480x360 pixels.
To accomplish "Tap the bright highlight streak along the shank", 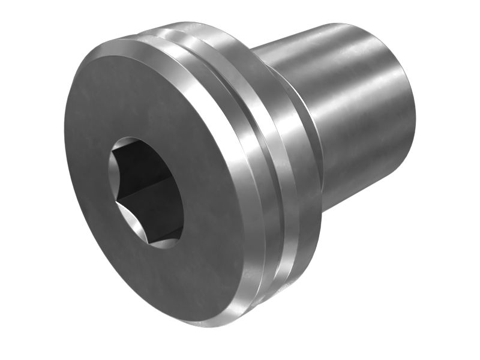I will [x=360, y=78].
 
